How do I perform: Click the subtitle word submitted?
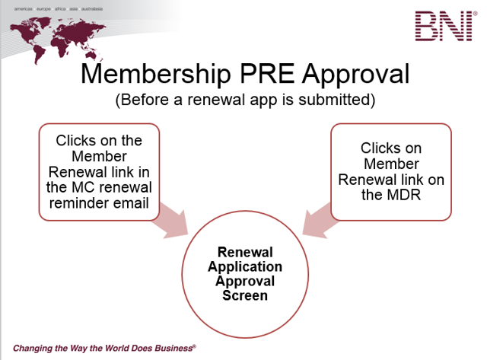[345, 100]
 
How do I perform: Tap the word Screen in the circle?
[244, 295]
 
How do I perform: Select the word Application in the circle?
[244, 267]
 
